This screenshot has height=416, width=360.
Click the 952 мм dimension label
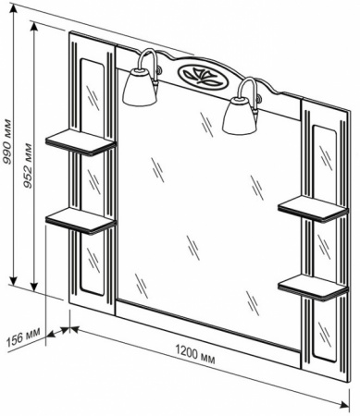tap(29, 165)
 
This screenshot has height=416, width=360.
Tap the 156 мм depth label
tap(23, 337)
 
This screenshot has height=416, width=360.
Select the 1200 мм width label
tap(195, 355)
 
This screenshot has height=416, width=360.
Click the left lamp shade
tap(140, 87)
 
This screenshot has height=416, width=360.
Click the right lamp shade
tap(241, 115)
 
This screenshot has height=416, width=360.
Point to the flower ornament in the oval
tap(201, 74)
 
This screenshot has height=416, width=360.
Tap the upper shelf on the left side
tap(81, 142)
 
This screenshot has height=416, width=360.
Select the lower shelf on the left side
tap(81, 219)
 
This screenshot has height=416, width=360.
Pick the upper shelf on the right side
tap(313, 209)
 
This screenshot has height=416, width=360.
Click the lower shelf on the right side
tap(313, 288)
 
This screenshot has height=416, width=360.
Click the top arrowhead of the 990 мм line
tap(13, 10)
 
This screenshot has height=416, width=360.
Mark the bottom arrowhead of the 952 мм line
tap(34, 285)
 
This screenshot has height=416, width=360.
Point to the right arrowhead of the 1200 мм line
tap(343, 403)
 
